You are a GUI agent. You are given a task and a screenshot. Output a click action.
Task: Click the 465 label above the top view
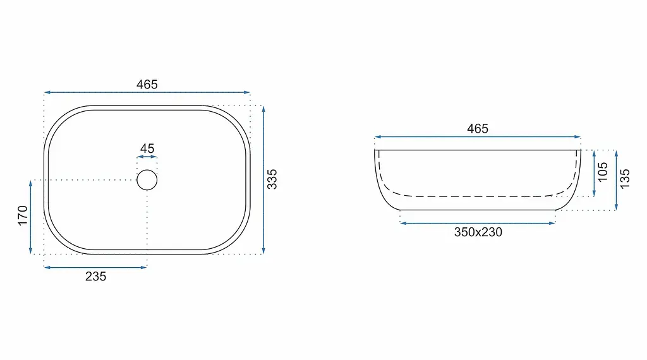147,85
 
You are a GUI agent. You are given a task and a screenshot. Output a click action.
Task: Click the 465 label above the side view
478,129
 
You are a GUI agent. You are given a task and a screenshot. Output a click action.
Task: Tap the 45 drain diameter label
147,148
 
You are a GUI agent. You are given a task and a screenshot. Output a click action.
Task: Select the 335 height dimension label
272,179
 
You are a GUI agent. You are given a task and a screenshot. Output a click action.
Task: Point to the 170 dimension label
23,215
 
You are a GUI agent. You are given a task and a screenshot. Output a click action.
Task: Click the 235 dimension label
96,276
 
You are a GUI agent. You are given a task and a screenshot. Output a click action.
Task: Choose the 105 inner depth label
602,172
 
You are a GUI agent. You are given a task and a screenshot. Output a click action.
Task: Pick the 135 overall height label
625,179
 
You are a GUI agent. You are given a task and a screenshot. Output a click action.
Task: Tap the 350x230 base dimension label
478,232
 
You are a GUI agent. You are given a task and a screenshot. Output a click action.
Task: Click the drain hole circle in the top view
147,170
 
